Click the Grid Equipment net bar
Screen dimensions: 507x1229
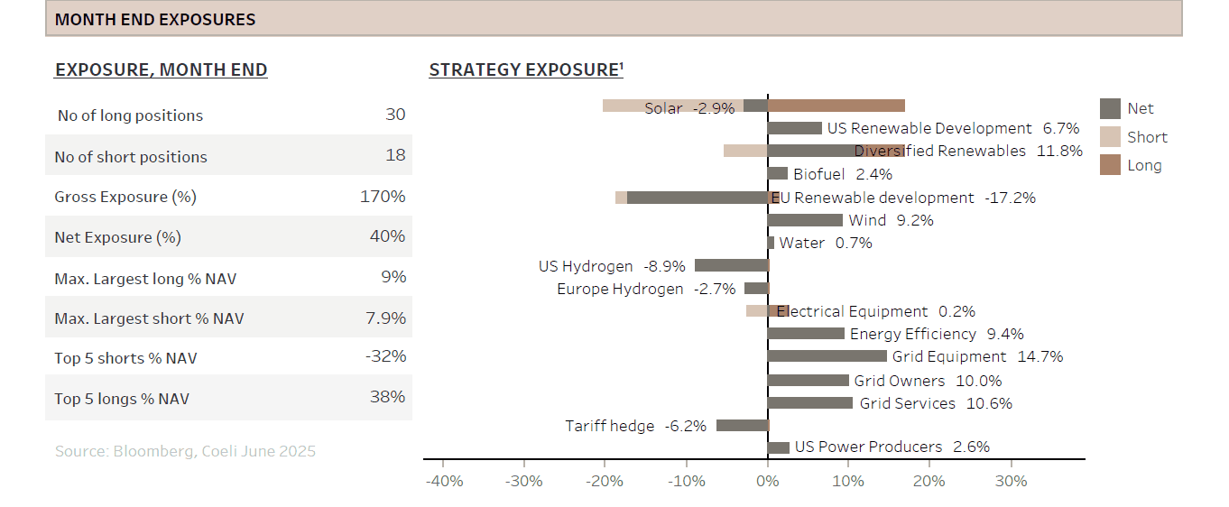(x=827, y=356)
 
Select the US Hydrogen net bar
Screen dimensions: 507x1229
(x=731, y=266)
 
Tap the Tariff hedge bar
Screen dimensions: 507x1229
(x=742, y=425)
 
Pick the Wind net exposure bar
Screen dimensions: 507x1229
(x=805, y=220)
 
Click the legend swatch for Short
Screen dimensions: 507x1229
(x=1110, y=137)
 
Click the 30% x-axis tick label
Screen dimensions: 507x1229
(x=1010, y=481)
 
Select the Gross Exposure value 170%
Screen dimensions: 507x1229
(x=383, y=197)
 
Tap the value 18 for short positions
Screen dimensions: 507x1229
(x=395, y=155)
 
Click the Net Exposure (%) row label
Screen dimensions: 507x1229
(x=117, y=237)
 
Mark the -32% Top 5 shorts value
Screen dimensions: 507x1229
(x=385, y=357)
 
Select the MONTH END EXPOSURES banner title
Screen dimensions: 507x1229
(x=155, y=19)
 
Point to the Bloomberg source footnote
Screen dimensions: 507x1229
(x=185, y=451)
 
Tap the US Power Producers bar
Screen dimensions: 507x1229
(x=778, y=447)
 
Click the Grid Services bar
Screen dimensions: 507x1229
(x=809, y=403)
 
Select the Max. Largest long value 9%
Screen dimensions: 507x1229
(x=393, y=277)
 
